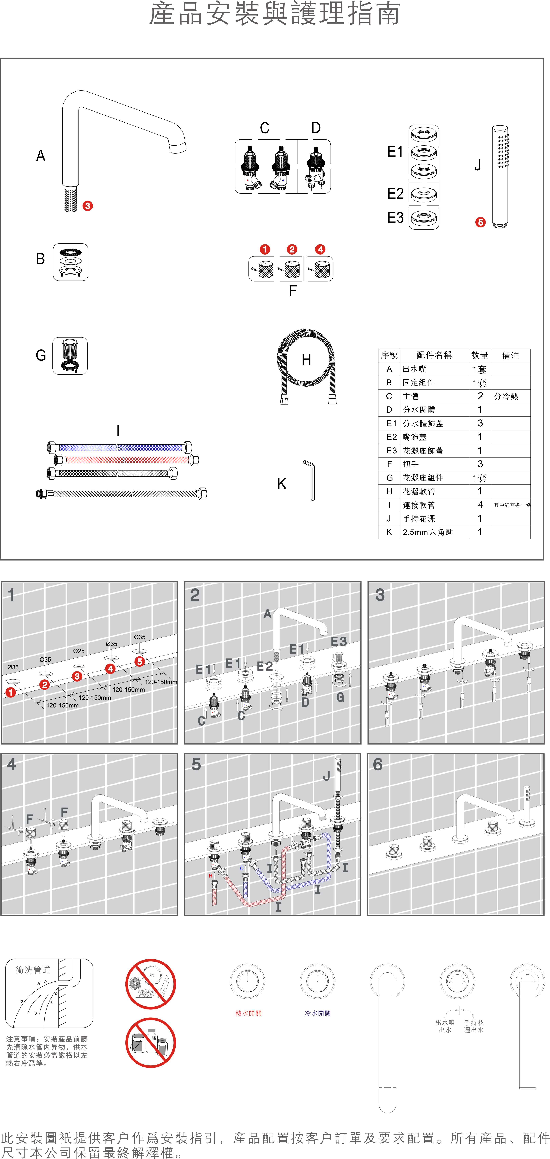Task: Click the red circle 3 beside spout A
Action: click(x=87, y=206)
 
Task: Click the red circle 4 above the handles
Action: click(x=320, y=249)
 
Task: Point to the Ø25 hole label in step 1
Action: click(x=79, y=651)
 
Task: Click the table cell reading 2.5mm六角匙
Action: click(x=427, y=532)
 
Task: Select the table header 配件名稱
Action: click(x=434, y=355)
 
